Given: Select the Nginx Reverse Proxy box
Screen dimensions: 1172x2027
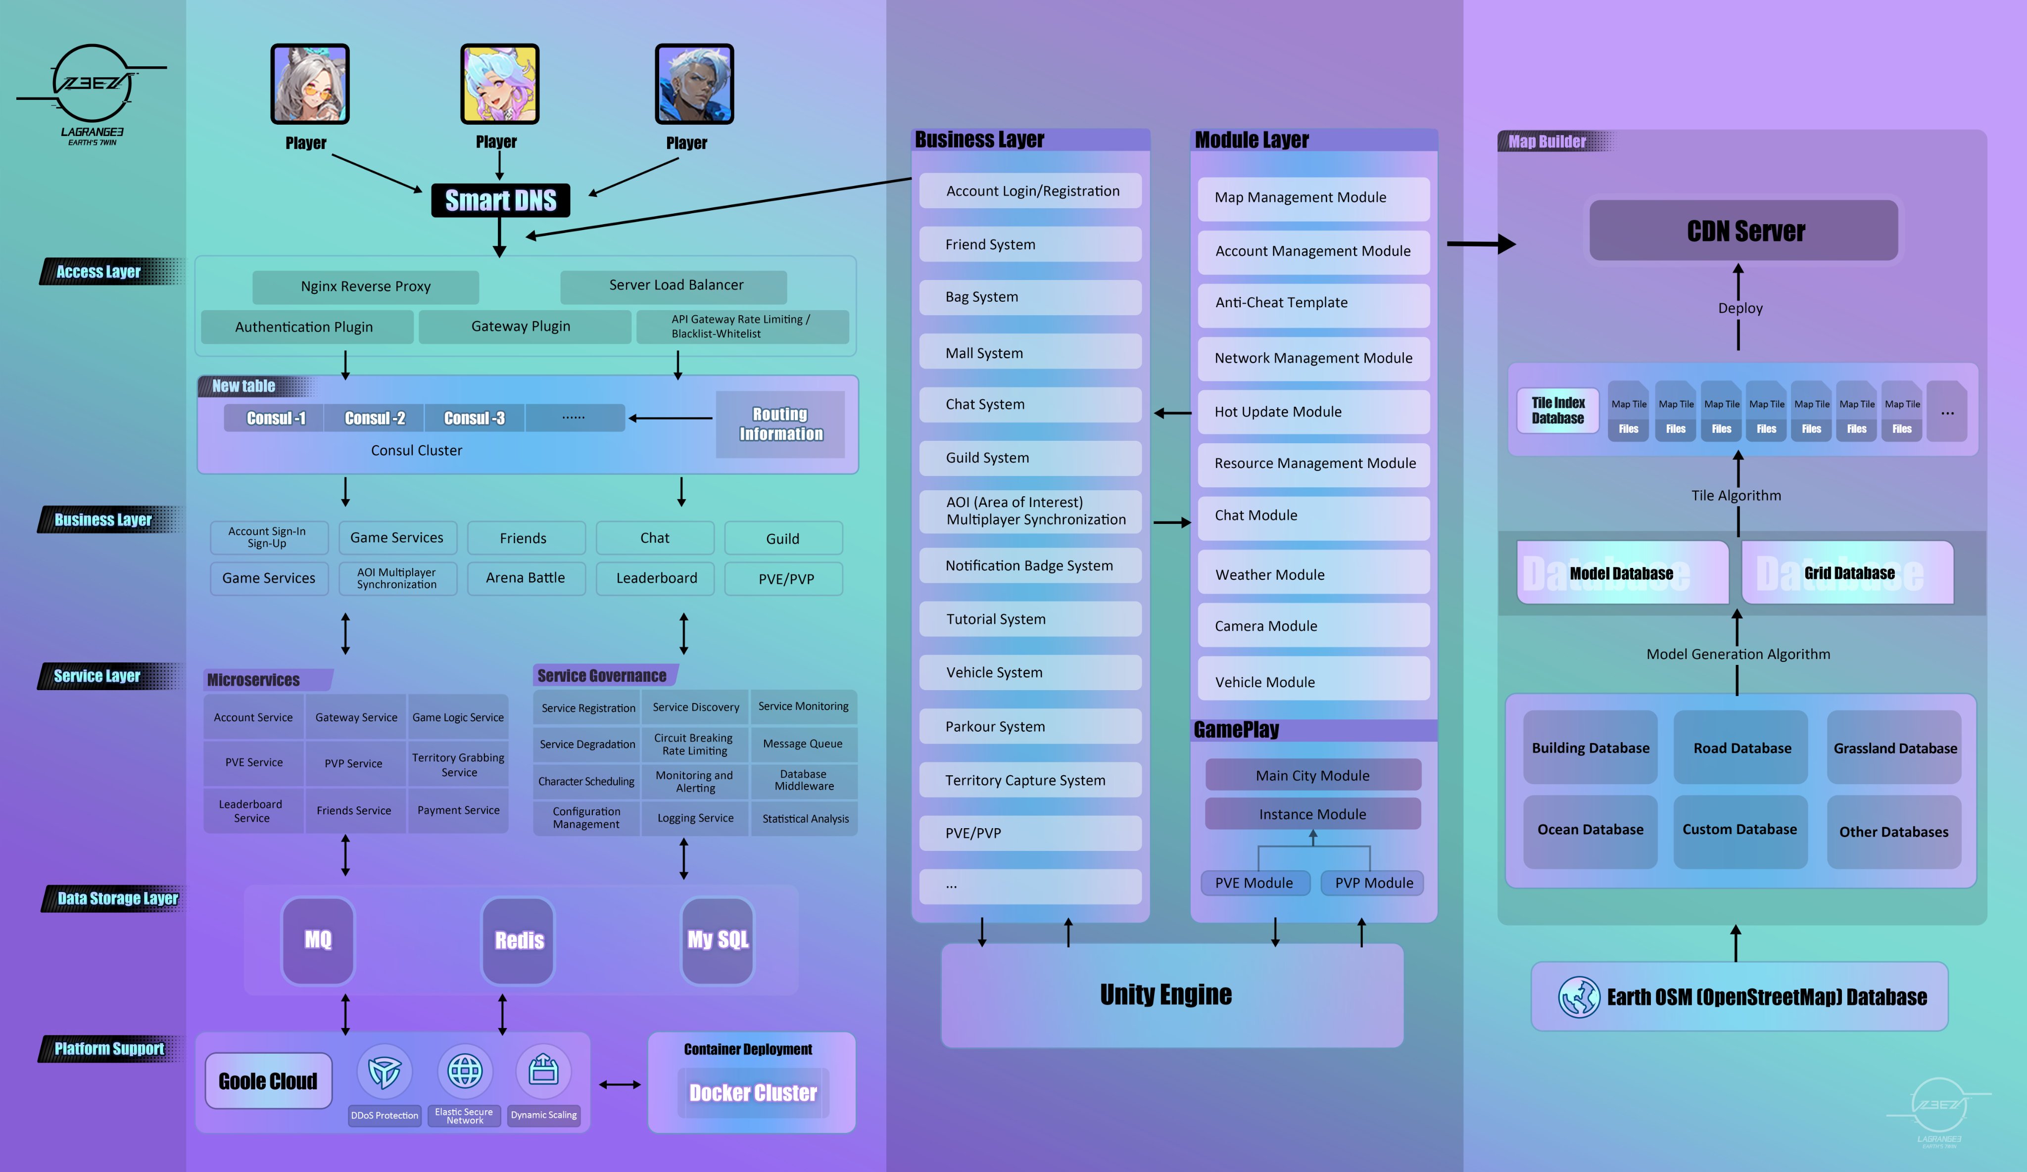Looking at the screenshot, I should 365,286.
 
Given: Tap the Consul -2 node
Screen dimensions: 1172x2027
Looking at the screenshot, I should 374,418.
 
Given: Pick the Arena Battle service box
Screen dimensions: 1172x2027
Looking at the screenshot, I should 525,577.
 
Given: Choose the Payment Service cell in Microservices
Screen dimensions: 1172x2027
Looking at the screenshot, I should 458,810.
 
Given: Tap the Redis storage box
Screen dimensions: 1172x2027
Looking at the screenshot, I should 518,939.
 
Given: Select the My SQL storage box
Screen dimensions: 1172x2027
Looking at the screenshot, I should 718,939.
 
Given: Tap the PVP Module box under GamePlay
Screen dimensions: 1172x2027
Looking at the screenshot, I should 1373,883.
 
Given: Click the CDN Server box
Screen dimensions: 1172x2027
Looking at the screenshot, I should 1744,231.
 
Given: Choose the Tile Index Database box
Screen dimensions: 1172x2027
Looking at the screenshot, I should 1557,410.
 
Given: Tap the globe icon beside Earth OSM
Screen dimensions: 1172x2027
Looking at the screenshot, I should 1578,997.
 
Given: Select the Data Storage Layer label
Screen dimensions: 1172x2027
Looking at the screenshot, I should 117,898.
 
